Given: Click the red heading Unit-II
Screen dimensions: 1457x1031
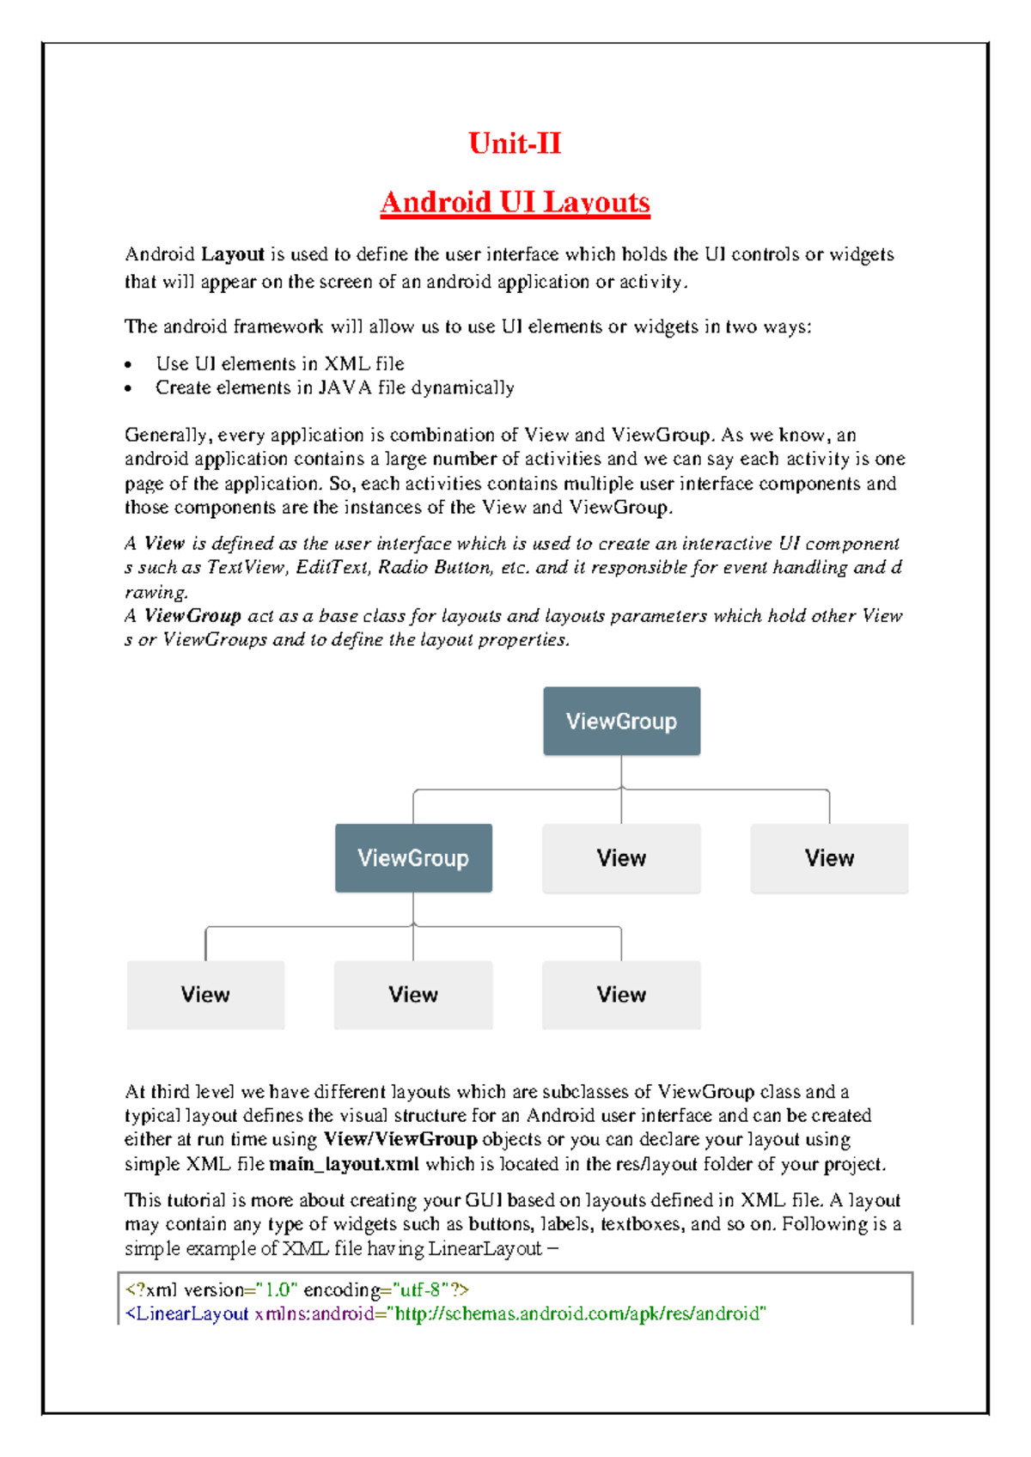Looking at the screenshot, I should tap(515, 143).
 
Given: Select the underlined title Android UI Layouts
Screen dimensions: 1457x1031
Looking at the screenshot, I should tap(515, 203).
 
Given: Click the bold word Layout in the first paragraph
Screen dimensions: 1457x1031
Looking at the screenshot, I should tap(233, 254).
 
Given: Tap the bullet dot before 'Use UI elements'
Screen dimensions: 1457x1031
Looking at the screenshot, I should tap(128, 365).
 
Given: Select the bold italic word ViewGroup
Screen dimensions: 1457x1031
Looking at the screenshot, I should tap(192, 616).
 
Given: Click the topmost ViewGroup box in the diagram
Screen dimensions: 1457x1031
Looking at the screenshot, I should tap(621, 722).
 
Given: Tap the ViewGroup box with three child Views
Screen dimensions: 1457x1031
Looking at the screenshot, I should tap(413, 858).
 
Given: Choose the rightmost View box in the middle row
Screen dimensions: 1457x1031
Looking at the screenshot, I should tap(829, 858).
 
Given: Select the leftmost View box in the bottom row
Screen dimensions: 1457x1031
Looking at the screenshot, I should tap(205, 995).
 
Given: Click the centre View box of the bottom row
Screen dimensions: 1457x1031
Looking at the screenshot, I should tap(413, 995).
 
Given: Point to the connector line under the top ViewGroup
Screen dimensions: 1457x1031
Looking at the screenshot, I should tap(621, 771).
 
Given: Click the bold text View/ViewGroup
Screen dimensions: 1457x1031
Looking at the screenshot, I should tap(400, 1140).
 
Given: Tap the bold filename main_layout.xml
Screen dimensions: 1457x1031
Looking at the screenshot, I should tap(344, 1165).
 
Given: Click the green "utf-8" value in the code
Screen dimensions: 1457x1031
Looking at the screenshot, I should tap(422, 1290).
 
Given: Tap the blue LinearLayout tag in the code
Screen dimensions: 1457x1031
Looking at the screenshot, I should tap(187, 1314).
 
